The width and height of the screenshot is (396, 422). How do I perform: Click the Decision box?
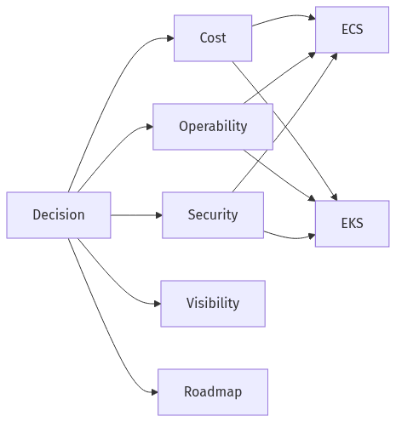point(59,214)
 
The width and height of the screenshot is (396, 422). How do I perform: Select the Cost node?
point(213,37)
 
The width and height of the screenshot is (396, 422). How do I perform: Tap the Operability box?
point(213,126)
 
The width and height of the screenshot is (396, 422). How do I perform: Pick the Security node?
point(213,214)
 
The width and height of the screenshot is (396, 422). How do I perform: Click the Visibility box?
point(213,303)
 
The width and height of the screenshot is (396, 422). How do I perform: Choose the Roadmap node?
point(213,391)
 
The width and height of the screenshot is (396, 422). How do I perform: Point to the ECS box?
point(352,29)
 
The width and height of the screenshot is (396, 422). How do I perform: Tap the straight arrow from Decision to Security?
point(136,214)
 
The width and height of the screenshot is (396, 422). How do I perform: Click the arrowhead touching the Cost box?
point(169,38)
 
